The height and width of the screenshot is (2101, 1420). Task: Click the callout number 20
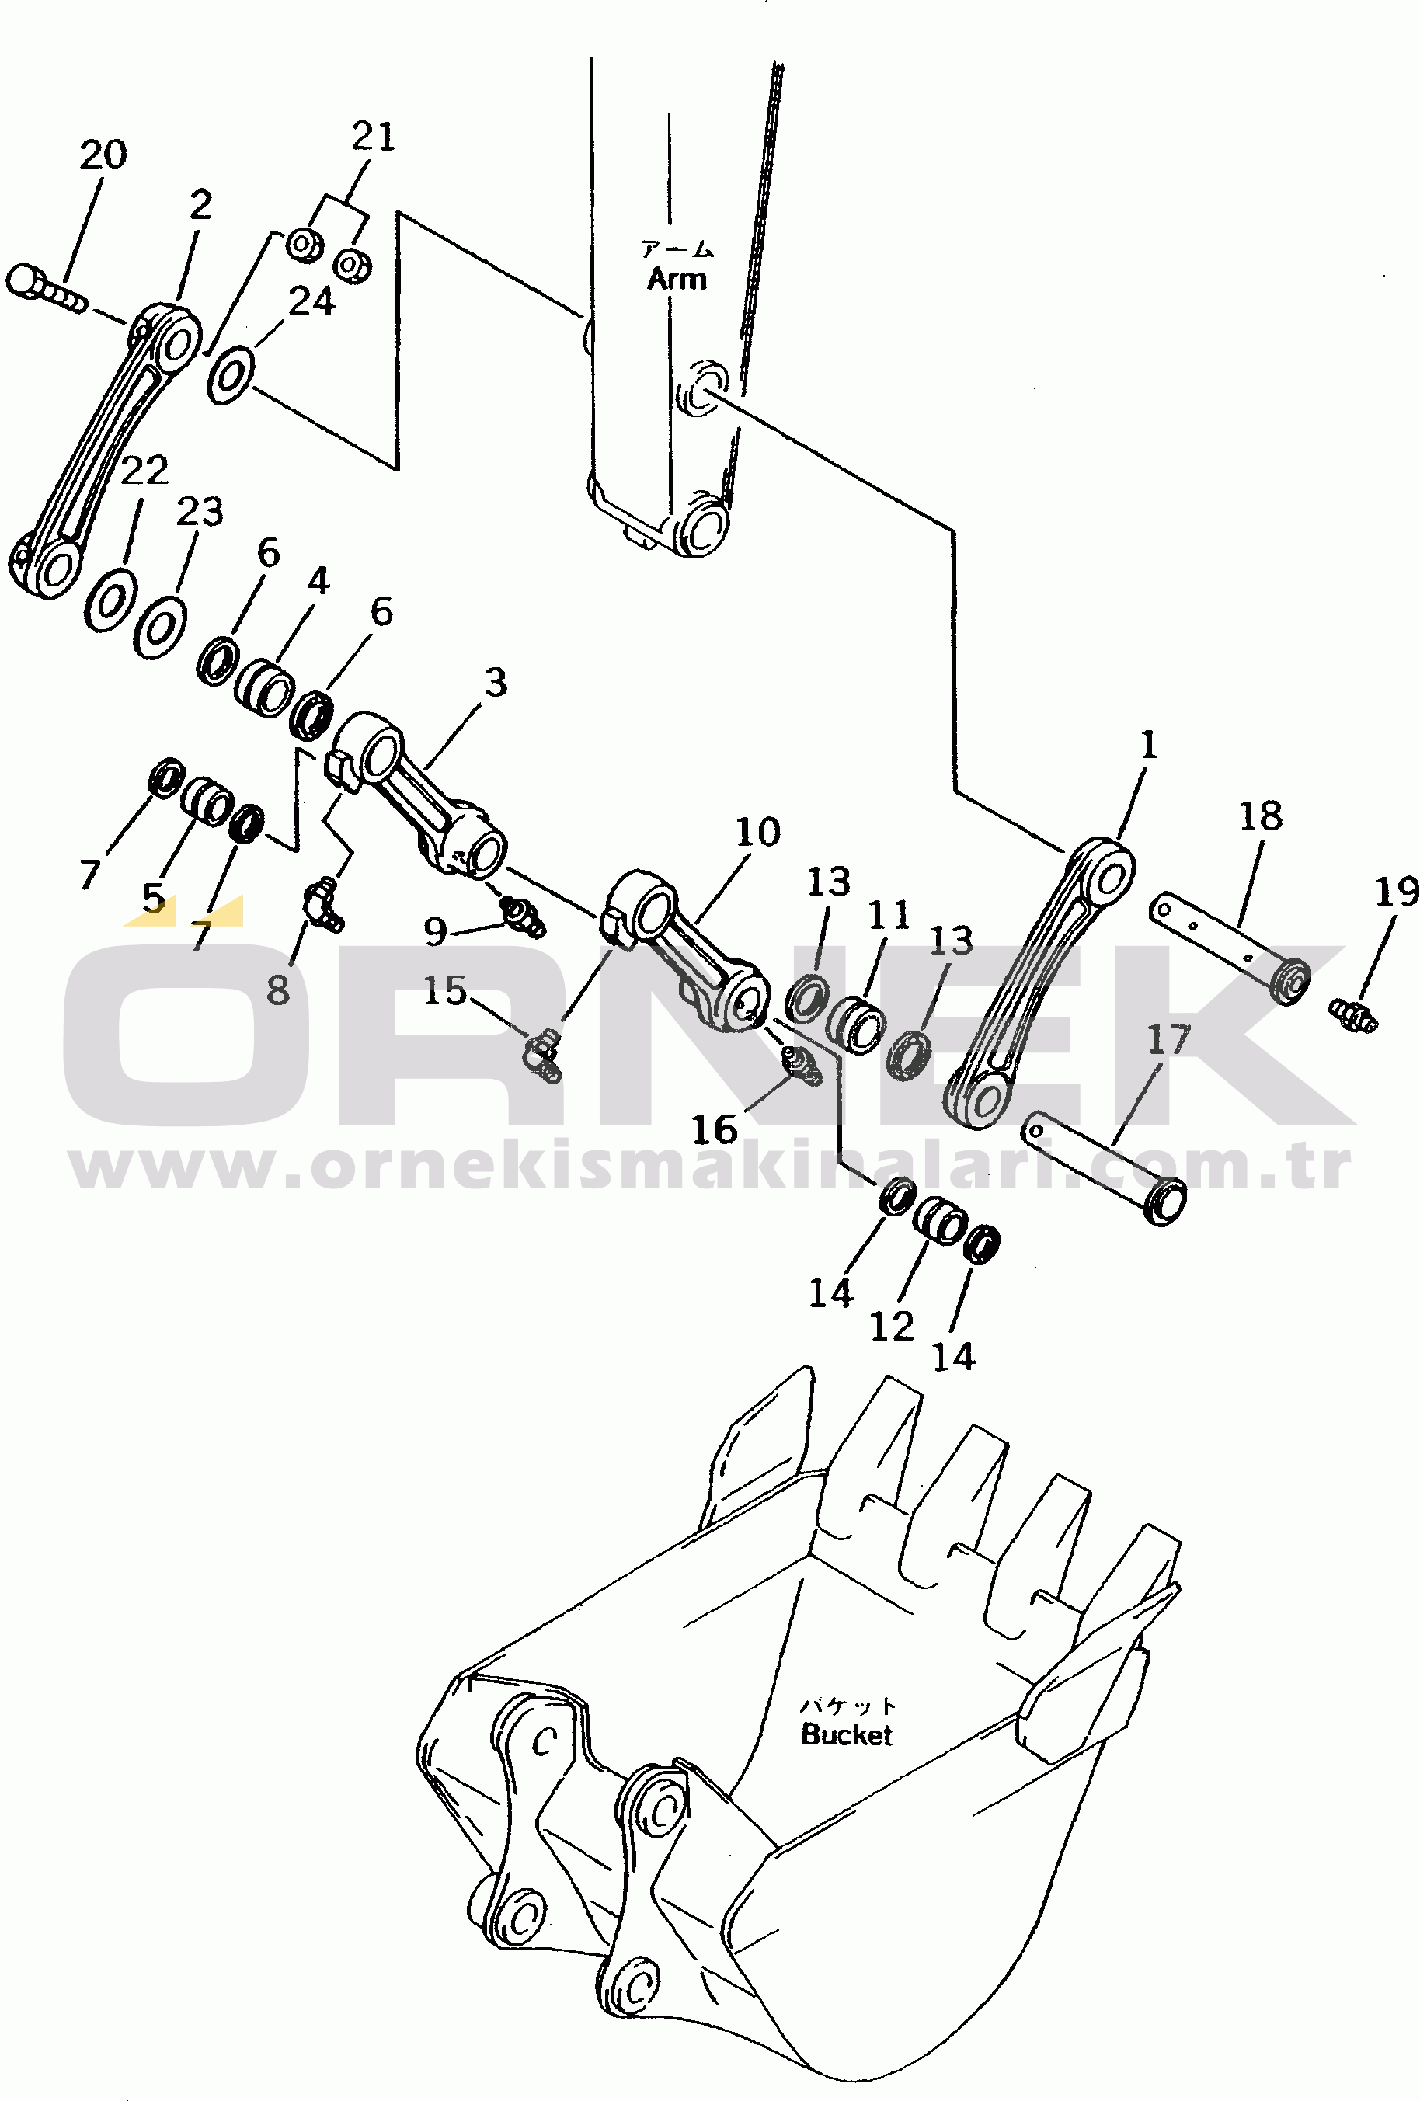pos(103,155)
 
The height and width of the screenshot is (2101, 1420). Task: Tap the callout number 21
pos(374,137)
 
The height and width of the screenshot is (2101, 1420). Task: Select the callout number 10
pos(757,832)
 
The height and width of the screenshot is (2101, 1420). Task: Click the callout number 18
pos(1260,816)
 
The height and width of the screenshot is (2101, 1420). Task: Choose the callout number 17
pos(1169,1041)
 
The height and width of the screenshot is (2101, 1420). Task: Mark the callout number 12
pos(891,1327)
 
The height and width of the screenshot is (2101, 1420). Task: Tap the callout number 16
pos(714,1129)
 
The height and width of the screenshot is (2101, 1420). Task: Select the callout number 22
pos(144,470)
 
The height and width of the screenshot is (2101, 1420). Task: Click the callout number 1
pos(1148,746)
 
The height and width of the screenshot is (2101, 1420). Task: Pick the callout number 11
pos(889,916)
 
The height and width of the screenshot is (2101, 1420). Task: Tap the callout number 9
pos(435,930)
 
